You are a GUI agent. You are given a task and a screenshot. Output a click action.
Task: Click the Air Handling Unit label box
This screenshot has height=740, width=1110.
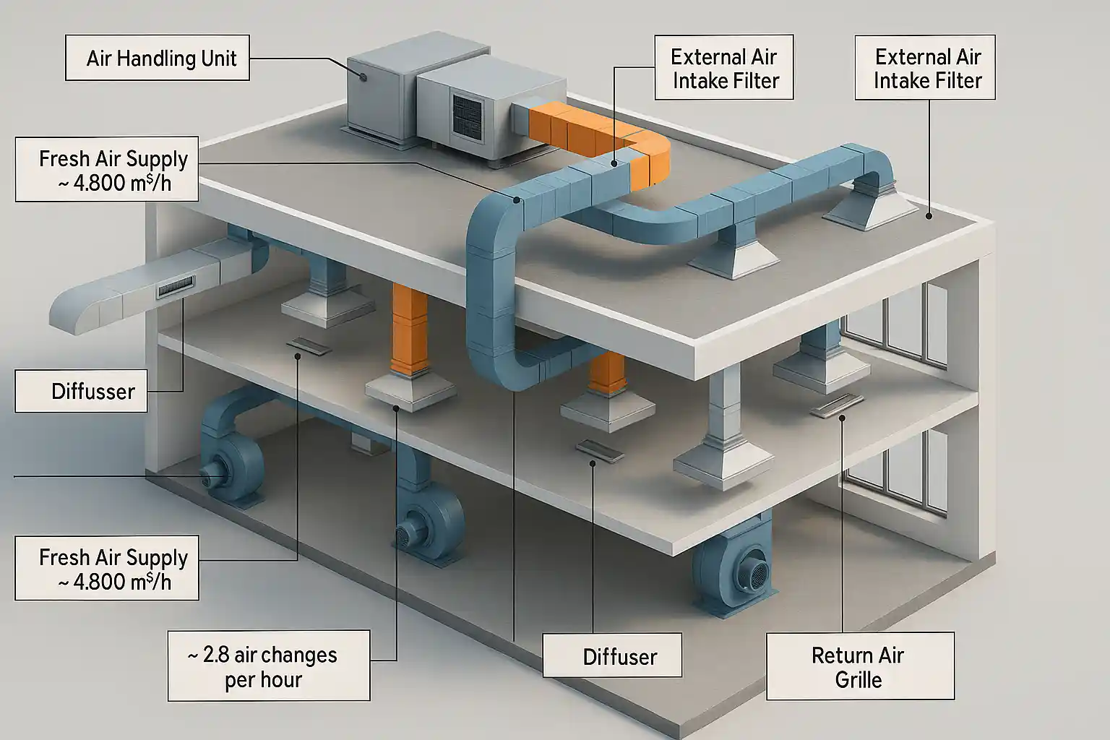(x=158, y=58)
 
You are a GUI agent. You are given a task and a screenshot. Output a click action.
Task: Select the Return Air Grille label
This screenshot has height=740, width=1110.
(x=859, y=666)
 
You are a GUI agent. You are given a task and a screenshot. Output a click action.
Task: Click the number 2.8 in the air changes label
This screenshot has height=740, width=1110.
(x=216, y=655)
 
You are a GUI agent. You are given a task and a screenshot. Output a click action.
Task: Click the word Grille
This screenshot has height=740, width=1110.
(x=859, y=680)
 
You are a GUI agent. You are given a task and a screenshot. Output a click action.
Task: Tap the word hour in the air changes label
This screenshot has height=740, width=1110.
(x=282, y=680)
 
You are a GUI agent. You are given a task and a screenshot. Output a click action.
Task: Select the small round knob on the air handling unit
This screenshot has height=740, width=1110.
(x=362, y=75)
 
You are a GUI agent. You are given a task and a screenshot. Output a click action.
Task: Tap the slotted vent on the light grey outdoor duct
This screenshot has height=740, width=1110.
(x=176, y=288)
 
